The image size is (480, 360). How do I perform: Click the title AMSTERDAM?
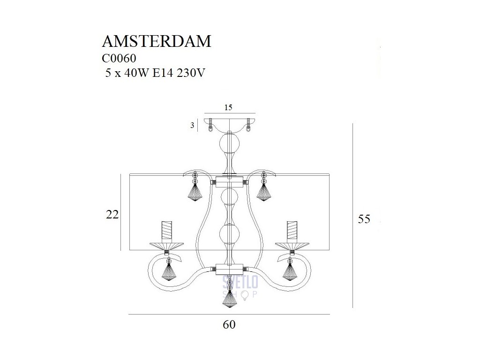(157, 41)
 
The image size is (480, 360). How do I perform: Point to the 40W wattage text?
(133, 74)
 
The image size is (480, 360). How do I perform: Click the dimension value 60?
(229, 324)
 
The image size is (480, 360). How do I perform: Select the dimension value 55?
(364, 219)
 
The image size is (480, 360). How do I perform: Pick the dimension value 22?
(112, 215)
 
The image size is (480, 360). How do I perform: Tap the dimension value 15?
(228, 107)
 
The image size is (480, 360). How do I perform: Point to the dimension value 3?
(192, 126)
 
